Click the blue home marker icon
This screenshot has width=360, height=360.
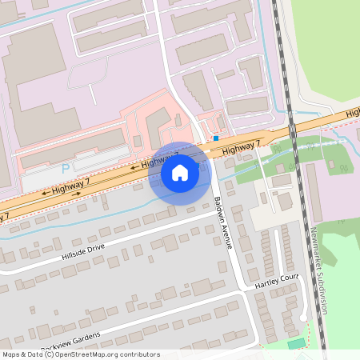click(180, 173)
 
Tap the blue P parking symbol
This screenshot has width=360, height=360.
click(66, 168)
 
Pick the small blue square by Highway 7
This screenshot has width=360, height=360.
click(216, 138)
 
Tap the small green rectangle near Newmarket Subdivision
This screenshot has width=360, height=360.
click(297, 343)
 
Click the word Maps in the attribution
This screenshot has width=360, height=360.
click(12, 354)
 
